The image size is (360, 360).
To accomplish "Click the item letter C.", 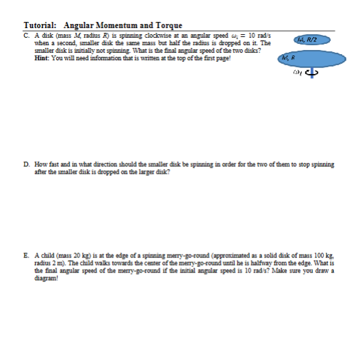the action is pyautogui.click(x=25, y=34).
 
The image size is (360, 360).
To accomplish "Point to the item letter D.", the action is pyautogui.click(x=25, y=165).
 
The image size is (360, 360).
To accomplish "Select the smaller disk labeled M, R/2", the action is pyautogui.click(x=311, y=41).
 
